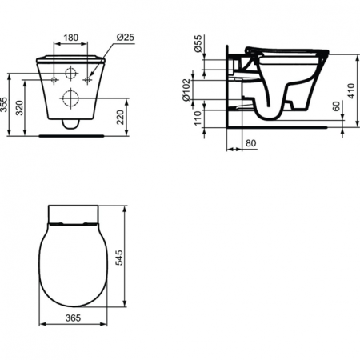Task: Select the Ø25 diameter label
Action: pyautogui.click(x=124, y=36)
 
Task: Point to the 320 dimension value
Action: pyautogui.click(x=22, y=106)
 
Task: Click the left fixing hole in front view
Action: pyautogui.click(x=54, y=80)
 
